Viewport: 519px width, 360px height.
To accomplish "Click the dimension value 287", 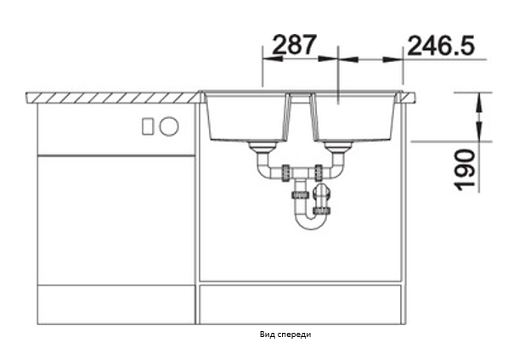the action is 294,45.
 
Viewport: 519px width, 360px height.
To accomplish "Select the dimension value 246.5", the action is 441,45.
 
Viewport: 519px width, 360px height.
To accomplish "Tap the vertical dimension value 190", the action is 465,171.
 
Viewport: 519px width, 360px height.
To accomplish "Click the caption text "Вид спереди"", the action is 285,335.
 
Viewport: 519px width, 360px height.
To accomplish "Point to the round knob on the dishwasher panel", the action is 169,127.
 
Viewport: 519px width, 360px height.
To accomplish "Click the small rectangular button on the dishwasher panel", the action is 148,127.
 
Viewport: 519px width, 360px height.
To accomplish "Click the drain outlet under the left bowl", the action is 264,147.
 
